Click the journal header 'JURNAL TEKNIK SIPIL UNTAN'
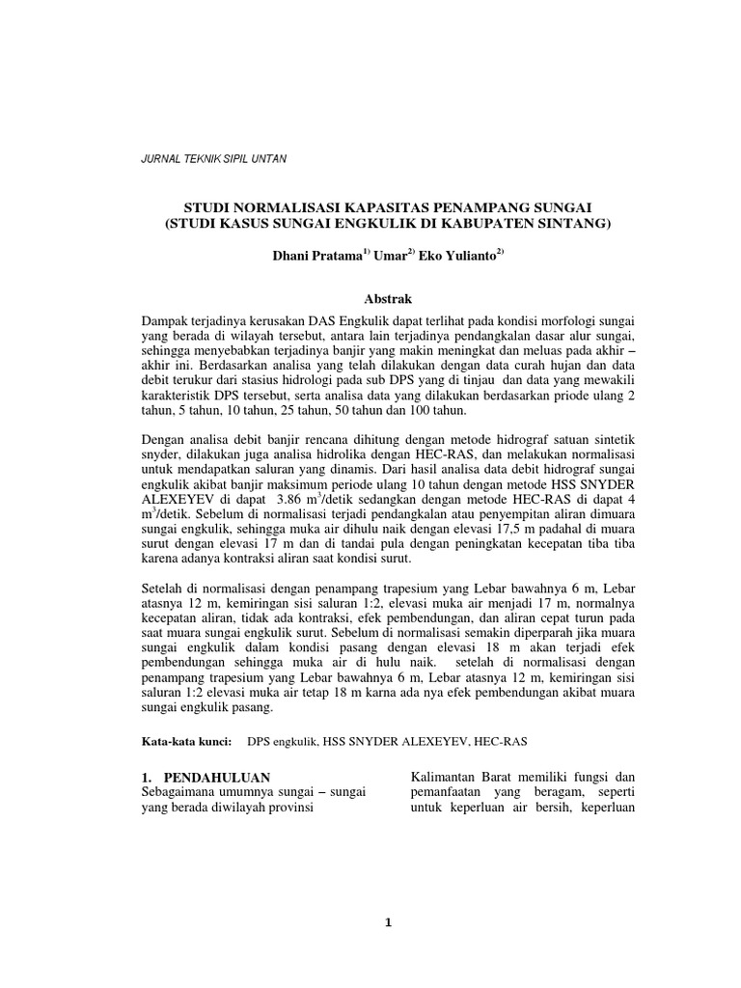click(x=213, y=157)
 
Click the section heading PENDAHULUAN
click(x=216, y=777)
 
